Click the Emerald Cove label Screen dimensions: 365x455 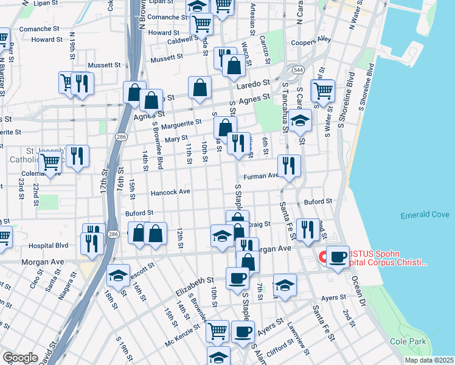(425, 215)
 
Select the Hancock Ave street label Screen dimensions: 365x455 (171, 192)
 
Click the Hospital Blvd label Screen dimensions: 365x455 (49, 246)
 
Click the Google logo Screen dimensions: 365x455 (20, 358)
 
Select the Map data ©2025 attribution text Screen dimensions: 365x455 (429, 360)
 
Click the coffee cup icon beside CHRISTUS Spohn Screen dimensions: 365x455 (338, 256)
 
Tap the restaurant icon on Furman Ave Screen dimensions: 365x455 (289, 165)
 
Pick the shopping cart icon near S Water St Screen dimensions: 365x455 (322, 91)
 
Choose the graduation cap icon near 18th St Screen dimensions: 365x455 (118, 275)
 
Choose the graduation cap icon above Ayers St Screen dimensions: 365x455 (285, 285)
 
